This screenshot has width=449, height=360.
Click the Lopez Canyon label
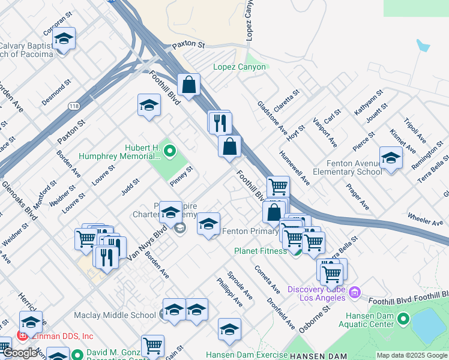240,67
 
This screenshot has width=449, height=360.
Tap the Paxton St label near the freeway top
188,45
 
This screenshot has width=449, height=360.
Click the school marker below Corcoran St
63,39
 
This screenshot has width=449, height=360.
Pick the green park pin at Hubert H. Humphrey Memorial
169,151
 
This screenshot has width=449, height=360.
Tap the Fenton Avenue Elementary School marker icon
391,158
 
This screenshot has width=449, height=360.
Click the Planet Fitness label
261,251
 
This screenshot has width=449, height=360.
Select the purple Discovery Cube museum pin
355,293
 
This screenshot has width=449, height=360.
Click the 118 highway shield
73,106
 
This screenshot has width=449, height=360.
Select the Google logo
20,352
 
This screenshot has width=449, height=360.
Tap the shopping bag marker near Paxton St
188,85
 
